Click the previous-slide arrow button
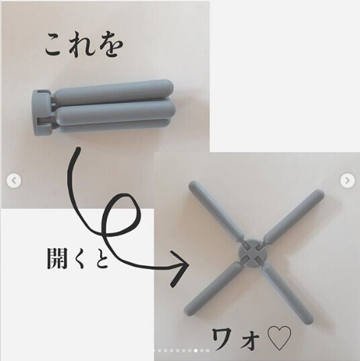(x=14, y=181)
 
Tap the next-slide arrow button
(x=347, y=180)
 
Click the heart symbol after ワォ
(x=279, y=338)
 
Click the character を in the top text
(x=111, y=46)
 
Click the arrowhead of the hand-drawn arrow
(x=180, y=268)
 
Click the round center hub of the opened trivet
(x=252, y=253)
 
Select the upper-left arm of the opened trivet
(x=216, y=210)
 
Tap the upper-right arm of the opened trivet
(x=294, y=216)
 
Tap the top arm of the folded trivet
(x=114, y=92)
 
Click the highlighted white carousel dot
(x=195, y=351)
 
